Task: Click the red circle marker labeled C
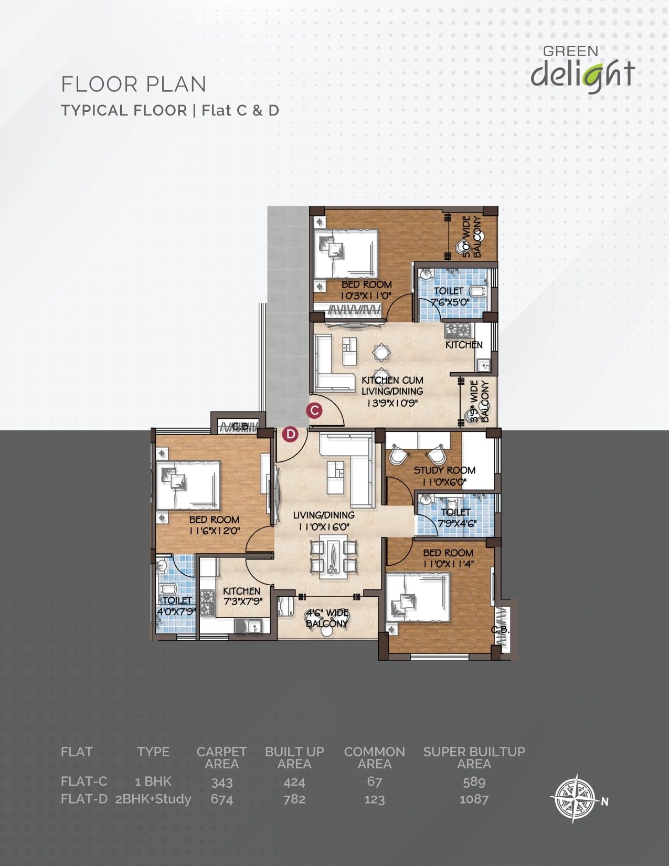click(314, 410)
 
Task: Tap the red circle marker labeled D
click(291, 434)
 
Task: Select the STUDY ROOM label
click(444, 470)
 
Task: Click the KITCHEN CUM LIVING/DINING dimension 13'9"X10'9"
click(392, 403)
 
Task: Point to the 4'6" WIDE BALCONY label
click(327, 618)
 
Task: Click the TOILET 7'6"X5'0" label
click(449, 297)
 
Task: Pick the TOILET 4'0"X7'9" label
click(176, 606)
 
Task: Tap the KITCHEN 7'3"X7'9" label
click(242, 596)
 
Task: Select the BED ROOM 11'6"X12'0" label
click(215, 525)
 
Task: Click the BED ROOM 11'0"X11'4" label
click(448, 558)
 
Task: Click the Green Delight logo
click(582, 70)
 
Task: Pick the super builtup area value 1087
click(474, 799)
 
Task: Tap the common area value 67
click(375, 781)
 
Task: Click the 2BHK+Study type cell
click(153, 799)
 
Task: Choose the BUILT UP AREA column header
click(294, 757)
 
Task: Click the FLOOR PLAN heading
click(134, 85)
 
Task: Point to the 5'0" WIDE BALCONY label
click(472, 236)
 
